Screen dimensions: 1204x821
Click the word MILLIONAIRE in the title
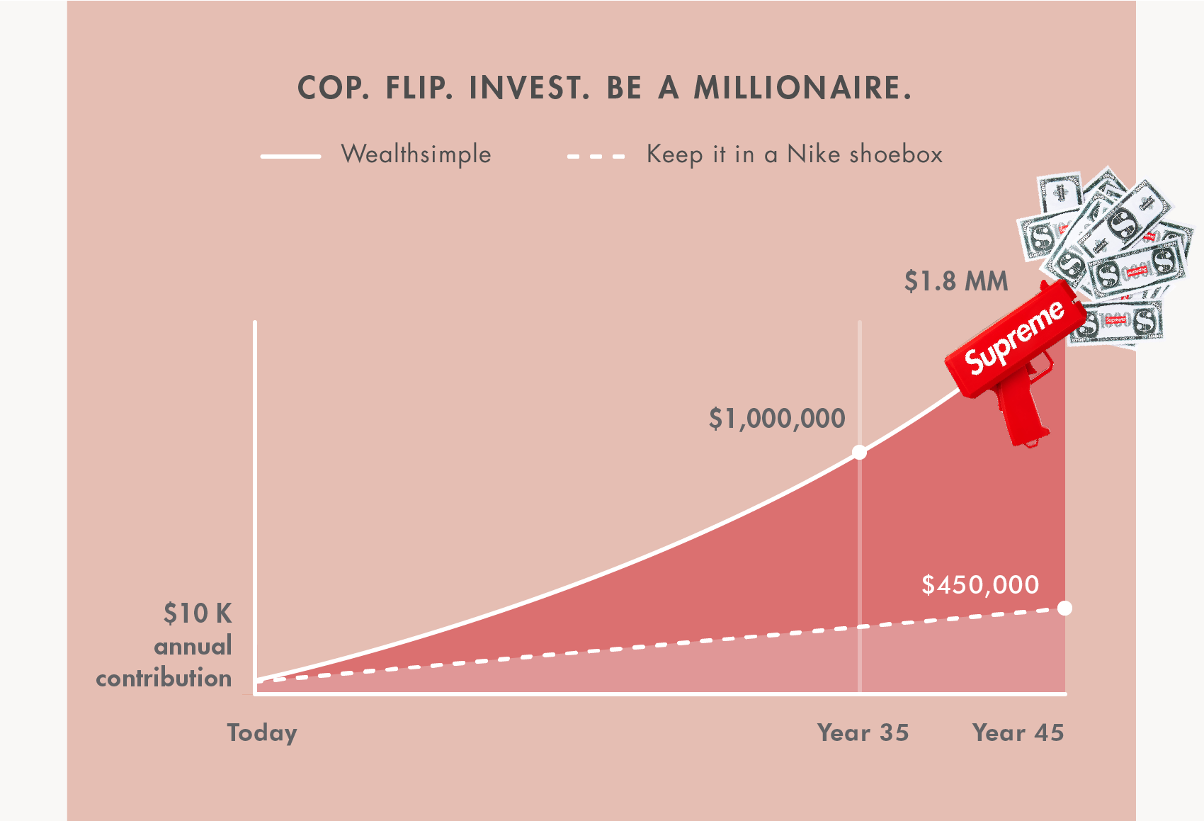click(802, 88)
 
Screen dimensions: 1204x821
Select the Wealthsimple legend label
click(416, 154)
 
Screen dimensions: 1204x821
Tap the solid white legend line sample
click(291, 157)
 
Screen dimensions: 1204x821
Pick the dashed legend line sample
click(596, 157)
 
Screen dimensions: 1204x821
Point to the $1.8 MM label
click(955, 281)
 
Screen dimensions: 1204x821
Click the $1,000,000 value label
click(777, 419)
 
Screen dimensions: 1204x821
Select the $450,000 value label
click(980, 585)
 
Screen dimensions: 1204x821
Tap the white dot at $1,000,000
click(860, 453)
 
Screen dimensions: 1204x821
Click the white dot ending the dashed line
click(1064, 608)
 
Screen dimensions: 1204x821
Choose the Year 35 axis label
click(863, 733)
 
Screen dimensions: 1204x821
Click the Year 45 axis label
click(1018, 733)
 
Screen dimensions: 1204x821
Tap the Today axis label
click(262, 733)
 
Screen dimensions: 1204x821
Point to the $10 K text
click(198, 613)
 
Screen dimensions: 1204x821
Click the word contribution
click(164, 679)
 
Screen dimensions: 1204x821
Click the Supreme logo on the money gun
click(1013, 337)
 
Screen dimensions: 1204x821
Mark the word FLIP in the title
click(419, 88)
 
